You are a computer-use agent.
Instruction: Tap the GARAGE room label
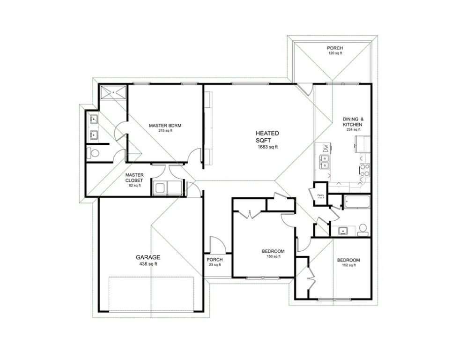tap(148, 257)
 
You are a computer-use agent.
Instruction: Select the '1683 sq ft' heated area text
tap(267, 147)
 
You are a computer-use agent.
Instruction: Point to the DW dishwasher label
tap(324, 149)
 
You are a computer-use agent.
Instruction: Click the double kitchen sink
tap(324, 162)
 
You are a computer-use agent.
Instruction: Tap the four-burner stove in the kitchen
tap(364, 171)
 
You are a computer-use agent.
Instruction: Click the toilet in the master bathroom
tap(94, 153)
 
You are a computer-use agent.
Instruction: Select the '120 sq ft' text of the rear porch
tap(334, 53)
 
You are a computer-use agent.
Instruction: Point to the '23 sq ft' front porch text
tap(215, 265)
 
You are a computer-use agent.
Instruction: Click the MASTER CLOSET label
tap(134, 178)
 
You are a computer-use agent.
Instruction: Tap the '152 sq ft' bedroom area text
tap(348, 265)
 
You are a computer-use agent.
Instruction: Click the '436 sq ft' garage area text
tap(148, 264)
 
